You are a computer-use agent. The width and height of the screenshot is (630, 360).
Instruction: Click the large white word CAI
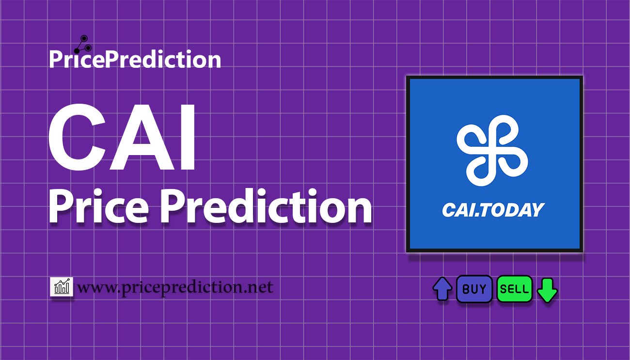122,137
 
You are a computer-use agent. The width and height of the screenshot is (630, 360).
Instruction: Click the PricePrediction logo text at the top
135,59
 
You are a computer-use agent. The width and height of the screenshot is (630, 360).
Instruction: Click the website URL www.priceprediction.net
175,287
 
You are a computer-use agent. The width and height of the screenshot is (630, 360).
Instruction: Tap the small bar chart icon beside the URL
62,286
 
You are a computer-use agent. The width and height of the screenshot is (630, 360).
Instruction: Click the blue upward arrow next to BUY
442,289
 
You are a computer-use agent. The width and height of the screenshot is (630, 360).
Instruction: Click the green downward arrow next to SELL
547,290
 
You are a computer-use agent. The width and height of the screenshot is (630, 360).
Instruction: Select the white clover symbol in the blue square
492,151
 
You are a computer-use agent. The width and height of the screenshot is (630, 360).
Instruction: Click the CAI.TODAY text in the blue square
493,210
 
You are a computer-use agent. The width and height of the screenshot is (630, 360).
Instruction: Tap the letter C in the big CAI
78,137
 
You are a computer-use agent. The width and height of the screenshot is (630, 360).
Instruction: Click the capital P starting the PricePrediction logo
55,59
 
